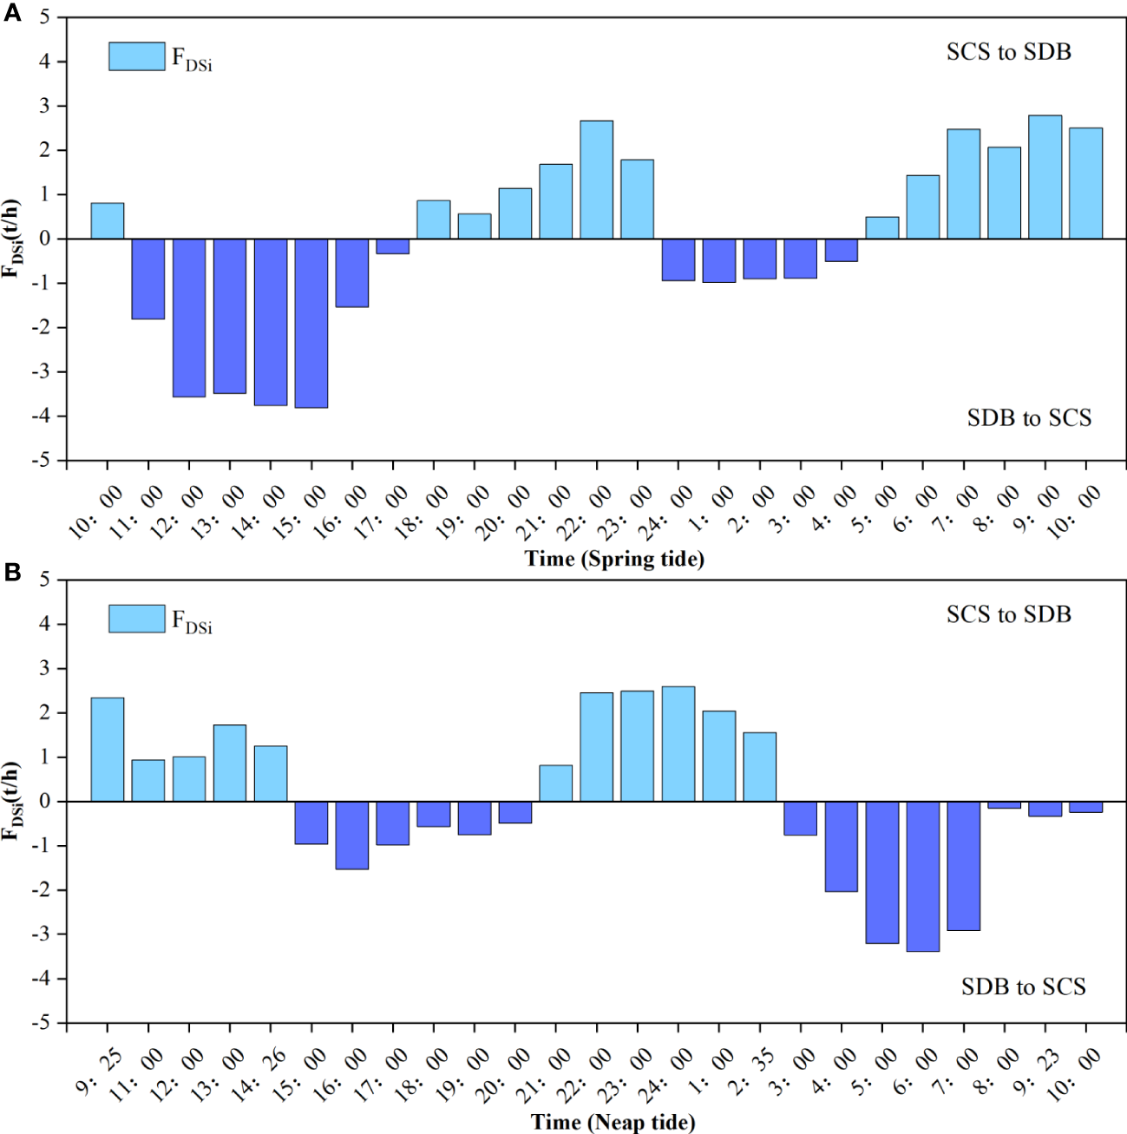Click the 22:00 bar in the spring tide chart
click(596, 180)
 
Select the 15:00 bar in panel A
click(311, 323)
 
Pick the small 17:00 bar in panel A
click(393, 246)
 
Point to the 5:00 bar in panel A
click(881, 228)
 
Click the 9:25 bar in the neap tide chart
click(108, 750)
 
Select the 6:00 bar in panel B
click(922, 876)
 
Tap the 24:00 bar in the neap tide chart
click(678, 744)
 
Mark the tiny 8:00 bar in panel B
click(1004, 805)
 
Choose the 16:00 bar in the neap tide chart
click(352, 835)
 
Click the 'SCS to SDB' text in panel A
click(1008, 52)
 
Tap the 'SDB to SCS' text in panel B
click(1023, 987)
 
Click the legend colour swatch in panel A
click(136, 56)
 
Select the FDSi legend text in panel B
click(192, 621)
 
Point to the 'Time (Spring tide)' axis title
click(614, 559)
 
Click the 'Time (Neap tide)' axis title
click(613, 1122)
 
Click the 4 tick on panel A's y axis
click(44, 62)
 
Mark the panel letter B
click(12, 573)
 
